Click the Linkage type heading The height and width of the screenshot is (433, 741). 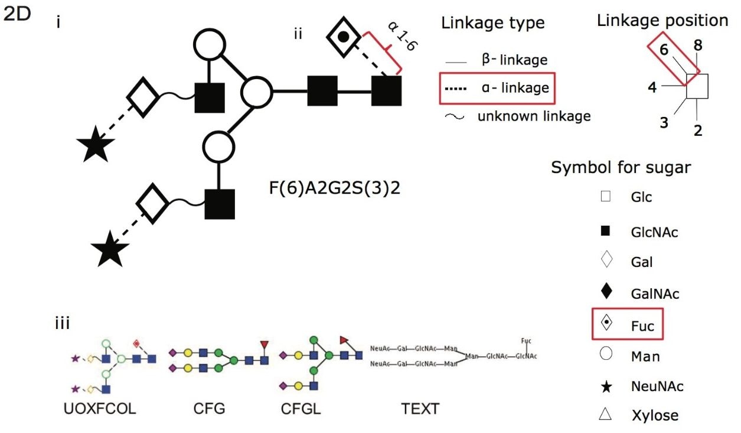pyautogui.click(x=492, y=24)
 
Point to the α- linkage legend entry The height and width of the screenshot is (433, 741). pyautogui.click(x=496, y=88)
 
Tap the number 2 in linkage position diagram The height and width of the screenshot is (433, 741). pyautogui.click(x=698, y=131)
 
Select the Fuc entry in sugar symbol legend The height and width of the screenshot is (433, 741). pyautogui.click(x=641, y=325)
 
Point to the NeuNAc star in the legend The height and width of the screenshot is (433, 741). pyautogui.click(x=605, y=387)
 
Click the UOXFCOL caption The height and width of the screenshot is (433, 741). pyautogui.click(x=100, y=409)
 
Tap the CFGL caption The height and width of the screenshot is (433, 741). pyautogui.click(x=301, y=409)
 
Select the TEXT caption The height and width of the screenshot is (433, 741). pyautogui.click(x=420, y=409)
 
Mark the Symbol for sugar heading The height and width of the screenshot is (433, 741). pyautogui.click(x=621, y=167)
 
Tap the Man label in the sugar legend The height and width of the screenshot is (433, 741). pyautogui.click(x=645, y=356)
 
